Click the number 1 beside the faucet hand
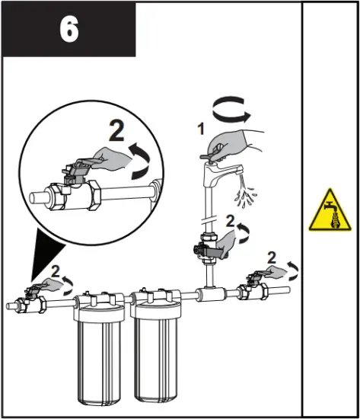(202, 130)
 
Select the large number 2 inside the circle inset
(116, 132)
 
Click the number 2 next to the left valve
(54, 270)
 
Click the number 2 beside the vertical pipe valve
(230, 220)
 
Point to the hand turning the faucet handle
(236, 142)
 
